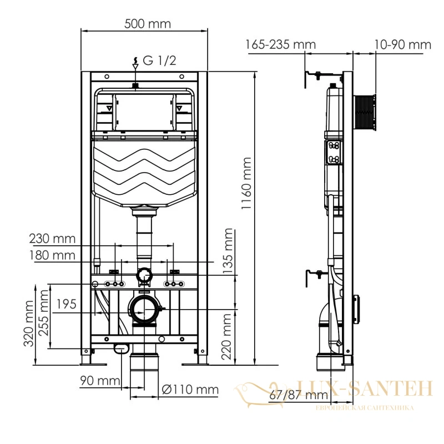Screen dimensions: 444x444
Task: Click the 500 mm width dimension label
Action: tap(148, 24)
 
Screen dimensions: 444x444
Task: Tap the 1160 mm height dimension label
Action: tap(246, 184)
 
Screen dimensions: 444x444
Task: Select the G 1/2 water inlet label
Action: tap(159, 60)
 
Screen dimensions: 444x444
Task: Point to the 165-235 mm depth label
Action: tap(280, 45)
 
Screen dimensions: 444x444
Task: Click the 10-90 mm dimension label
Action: tap(403, 45)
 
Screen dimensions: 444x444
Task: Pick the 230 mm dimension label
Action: tap(52, 239)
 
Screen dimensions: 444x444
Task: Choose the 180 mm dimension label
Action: tap(52, 255)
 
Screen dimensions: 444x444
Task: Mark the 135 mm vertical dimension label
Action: tap(228, 251)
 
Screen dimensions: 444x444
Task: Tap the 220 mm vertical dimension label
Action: tap(226, 337)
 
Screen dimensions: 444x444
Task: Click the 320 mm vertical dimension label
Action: tap(29, 324)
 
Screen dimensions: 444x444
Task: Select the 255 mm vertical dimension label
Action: tap(44, 313)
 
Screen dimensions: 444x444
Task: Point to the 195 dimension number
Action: tap(67, 304)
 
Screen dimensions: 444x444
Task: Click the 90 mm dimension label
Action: tap(100, 381)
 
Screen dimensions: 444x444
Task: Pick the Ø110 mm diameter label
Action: tap(190, 390)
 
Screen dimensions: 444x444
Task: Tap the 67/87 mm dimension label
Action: tap(299, 395)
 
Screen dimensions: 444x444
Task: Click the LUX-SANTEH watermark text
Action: tap(364, 388)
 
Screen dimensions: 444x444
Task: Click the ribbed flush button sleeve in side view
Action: tap(365, 113)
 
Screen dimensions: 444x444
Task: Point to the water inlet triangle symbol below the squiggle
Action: tap(135, 67)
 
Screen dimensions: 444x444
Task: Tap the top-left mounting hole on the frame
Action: tap(107, 77)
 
